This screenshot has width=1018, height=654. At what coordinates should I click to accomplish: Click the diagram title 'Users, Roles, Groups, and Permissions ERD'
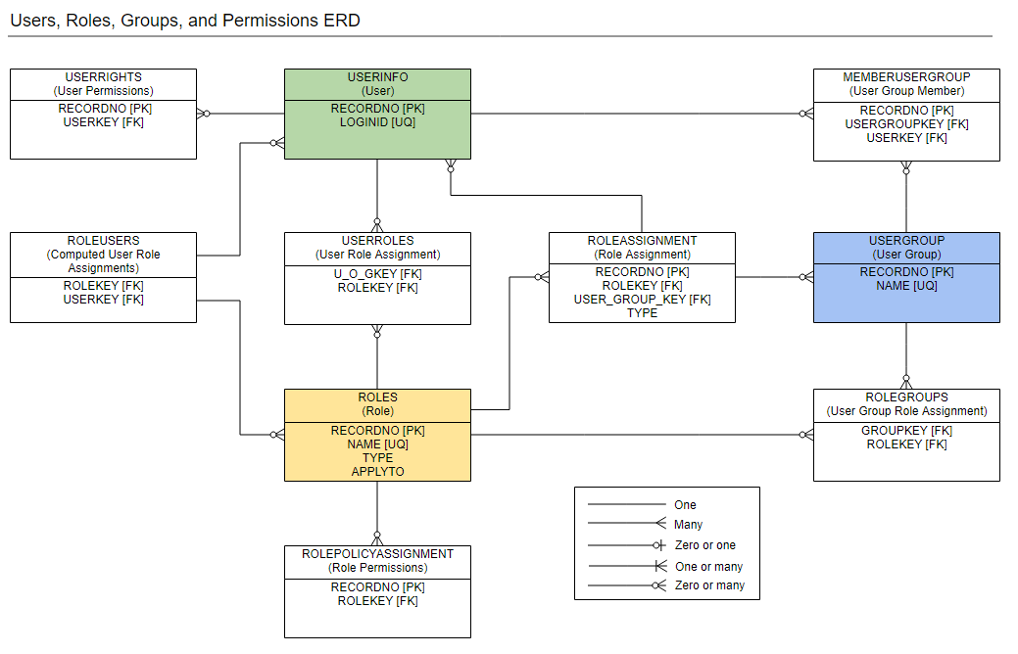(185, 21)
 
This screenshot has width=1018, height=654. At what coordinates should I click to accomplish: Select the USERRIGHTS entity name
(103, 76)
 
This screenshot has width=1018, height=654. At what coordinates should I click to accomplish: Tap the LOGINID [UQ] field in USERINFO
(377, 122)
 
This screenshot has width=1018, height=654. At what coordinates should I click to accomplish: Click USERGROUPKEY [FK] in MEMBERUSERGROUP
(906, 124)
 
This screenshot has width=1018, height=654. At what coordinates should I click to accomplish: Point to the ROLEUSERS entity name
(103, 240)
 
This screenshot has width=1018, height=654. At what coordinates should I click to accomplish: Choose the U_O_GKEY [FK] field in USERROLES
(377, 274)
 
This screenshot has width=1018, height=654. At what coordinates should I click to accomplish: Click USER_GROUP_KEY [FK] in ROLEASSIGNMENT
(642, 300)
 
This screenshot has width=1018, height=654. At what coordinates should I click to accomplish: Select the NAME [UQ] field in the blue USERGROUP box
(906, 286)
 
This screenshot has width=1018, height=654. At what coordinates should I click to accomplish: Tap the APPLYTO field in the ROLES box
(377, 471)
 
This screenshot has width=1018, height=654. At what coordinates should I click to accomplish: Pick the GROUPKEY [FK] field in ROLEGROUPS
(906, 431)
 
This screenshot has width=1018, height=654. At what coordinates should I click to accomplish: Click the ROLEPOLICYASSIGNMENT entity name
(377, 553)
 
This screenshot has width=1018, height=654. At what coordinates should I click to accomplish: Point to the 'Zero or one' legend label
(704, 545)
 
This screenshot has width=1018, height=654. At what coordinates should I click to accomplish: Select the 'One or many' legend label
(708, 567)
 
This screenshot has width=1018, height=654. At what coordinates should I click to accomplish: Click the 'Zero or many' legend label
(709, 585)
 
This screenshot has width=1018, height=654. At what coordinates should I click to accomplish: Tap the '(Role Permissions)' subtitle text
(377, 567)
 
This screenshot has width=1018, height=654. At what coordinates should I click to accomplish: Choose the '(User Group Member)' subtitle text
(906, 90)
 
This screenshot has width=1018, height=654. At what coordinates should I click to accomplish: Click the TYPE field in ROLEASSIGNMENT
(642, 313)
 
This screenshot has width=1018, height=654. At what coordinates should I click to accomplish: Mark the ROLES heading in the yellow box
(377, 397)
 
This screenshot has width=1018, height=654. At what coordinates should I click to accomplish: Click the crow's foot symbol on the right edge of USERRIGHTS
(204, 114)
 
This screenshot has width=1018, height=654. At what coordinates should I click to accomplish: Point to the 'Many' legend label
(688, 525)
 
